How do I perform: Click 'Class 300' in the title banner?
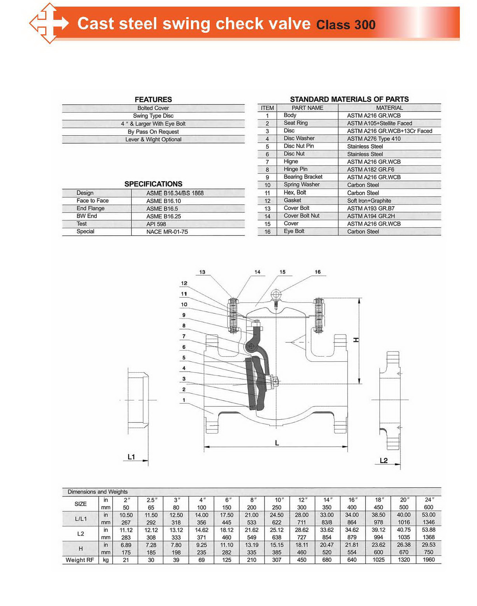tap(346, 25)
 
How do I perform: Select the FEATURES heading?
tap(153, 99)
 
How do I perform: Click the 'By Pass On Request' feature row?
tap(153, 132)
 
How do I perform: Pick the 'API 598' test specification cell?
tap(156, 224)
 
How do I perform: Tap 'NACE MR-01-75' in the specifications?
tap(167, 232)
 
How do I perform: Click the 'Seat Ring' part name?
tap(295, 123)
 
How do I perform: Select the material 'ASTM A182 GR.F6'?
tap(371, 170)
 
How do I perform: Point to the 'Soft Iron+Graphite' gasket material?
tap(369, 201)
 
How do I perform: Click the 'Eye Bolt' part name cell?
tap(294, 231)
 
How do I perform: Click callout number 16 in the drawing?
tap(318, 272)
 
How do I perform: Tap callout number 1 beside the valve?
tap(184, 400)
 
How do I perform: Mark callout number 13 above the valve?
tap(202, 272)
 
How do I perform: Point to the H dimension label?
tap(356, 340)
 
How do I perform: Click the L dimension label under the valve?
tap(277, 443)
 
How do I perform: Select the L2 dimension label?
tap(383, 461)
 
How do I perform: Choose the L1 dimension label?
tap(131, 457)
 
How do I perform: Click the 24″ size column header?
tap(428, 500)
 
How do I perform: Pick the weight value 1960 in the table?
tap(428, 560)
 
